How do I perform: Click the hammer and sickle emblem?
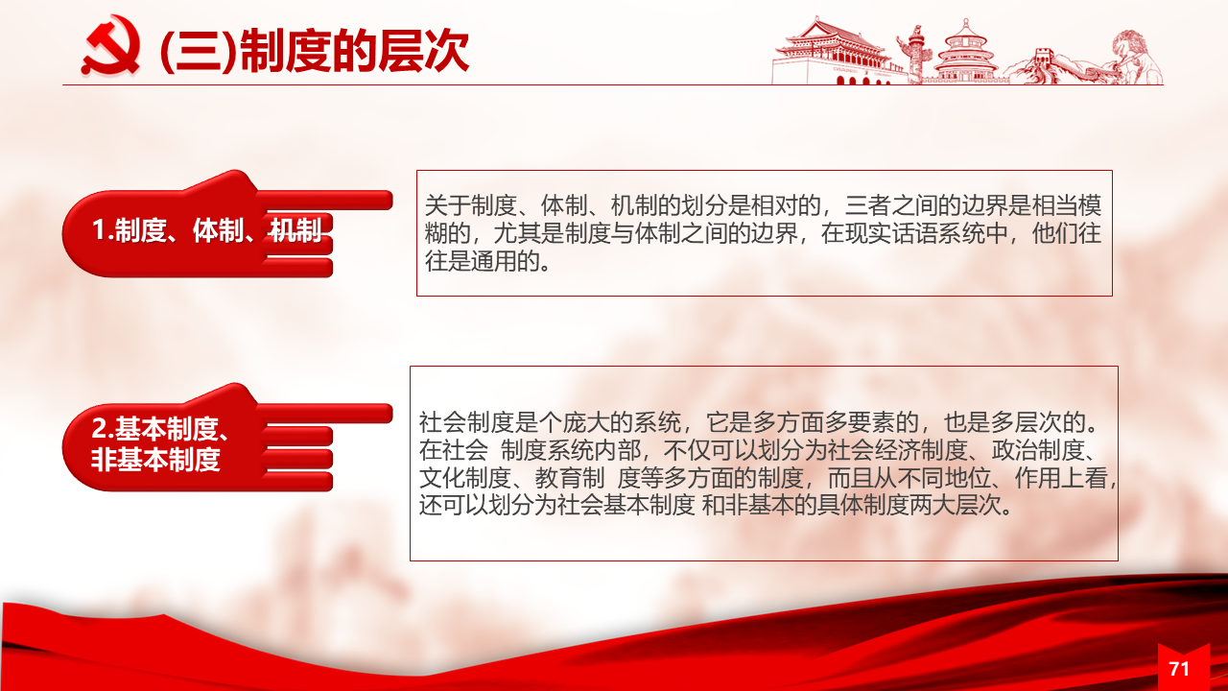(110, 45)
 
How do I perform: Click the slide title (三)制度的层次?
(314, 51)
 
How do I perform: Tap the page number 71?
(1179, 669)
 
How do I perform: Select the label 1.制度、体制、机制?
(206, 229)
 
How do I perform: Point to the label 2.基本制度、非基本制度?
(160, 443)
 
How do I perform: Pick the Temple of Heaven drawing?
(966, 52)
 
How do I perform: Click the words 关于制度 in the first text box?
(471, 205)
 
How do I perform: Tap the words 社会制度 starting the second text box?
(465, 422)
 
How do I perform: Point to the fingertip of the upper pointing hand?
(390, 201)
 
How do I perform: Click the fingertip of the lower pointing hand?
(390, 414)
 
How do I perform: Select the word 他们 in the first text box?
(1054, 233)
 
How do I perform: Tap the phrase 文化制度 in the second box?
(465, 478)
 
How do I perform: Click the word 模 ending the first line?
(1090, 205)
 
